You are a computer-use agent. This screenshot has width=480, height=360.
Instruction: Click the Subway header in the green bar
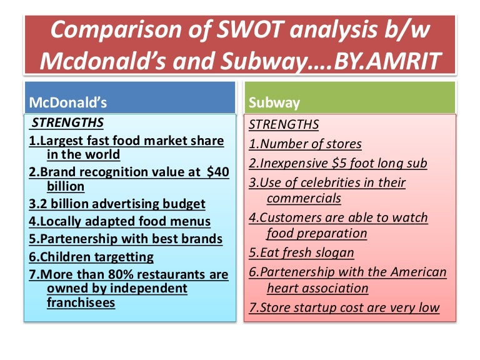(x=274, y=102)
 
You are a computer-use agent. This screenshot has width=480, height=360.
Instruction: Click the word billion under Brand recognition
(x=66, y=186)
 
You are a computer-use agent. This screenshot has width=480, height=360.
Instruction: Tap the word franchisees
(x=81, y=302)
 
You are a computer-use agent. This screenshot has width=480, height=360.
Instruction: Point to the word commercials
(x=304, y=198)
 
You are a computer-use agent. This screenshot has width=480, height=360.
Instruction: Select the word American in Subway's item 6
(x=418, y=272)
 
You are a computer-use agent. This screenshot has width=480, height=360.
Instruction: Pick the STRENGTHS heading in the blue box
(x=67, y=122)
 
